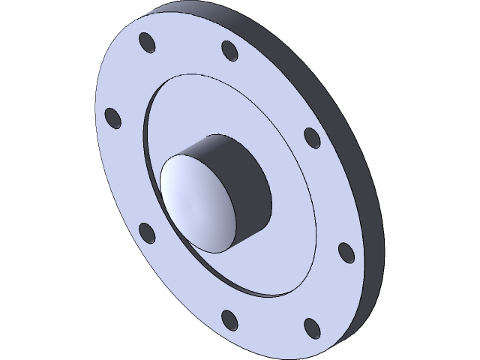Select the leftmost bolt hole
(112, 118)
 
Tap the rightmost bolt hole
(346, 253)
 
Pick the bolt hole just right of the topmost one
(229, 51)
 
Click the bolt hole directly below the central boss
(229, 321)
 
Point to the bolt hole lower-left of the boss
(148, 233)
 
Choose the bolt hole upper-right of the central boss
(312, 137)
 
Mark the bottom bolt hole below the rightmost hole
(312, 327)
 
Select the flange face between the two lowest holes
(270, 330)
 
